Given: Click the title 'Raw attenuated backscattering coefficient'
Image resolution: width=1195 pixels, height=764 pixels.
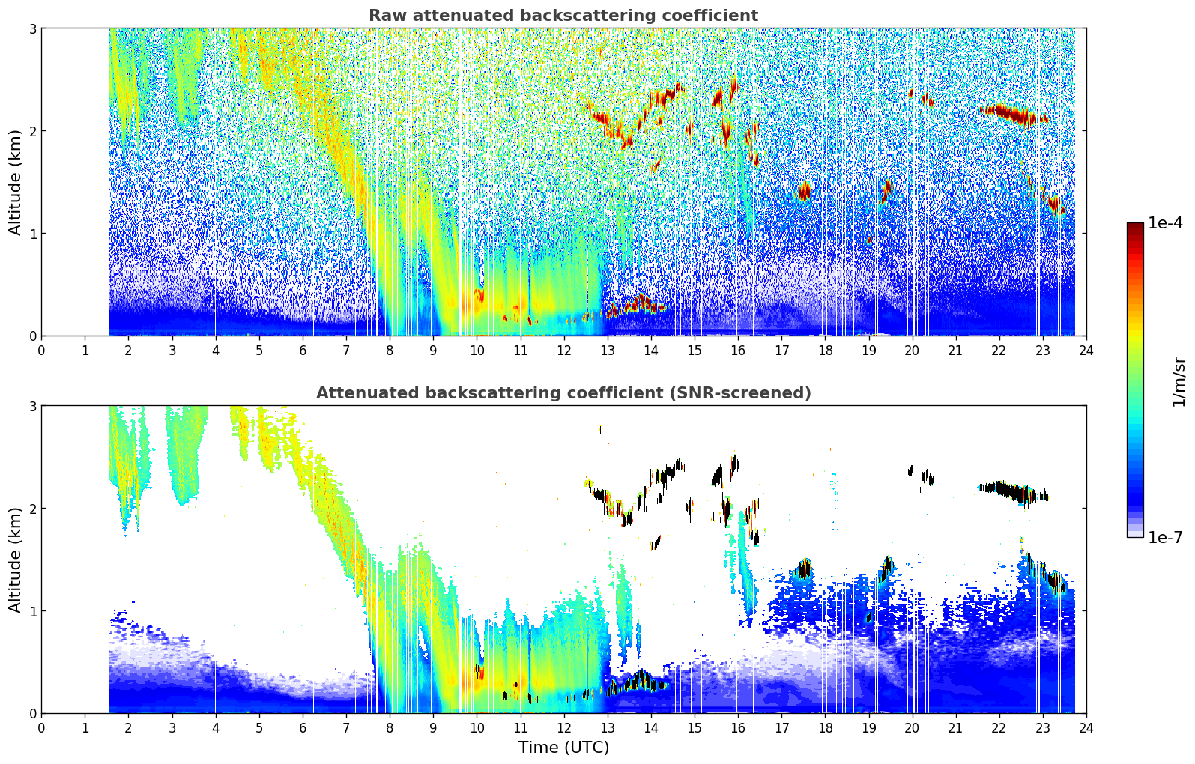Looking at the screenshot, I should (563, 16).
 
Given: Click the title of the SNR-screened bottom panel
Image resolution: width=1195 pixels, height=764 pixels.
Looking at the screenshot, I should (563, 393).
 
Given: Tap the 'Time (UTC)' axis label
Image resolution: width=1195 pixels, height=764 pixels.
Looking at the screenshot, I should (563, 747).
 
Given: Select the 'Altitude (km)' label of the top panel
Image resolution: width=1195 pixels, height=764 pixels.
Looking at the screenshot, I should (16, 182).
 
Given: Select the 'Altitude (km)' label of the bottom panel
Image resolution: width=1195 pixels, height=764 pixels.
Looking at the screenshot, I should (16, 560).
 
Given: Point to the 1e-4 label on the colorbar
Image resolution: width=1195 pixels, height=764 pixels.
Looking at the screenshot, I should (1165, 223).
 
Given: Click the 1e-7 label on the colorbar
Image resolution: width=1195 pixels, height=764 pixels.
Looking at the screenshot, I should (1165, 537).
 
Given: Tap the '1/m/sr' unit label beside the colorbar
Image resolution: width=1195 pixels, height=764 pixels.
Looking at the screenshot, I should (1179, 381).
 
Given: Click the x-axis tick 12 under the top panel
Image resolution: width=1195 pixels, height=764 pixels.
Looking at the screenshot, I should (563, 350).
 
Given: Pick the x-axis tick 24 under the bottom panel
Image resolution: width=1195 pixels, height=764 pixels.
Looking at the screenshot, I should (1086, 727).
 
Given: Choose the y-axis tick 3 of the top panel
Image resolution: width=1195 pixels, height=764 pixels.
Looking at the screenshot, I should (32, 28).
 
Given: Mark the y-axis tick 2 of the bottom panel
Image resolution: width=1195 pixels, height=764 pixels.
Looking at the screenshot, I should (32, 509).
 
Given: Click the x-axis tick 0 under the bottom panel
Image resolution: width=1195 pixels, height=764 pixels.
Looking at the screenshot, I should (41, 727).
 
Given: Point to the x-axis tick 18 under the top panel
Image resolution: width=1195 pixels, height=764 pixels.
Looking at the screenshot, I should (825, 350).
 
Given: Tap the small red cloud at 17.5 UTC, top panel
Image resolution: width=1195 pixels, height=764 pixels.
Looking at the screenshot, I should (804, 192).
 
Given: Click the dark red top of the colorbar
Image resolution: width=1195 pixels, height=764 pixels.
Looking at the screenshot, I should (1135, 226).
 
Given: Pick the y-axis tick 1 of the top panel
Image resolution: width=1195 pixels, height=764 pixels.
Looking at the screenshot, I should (32, 234).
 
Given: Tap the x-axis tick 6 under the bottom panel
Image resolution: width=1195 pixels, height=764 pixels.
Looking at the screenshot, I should (303, 727).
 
